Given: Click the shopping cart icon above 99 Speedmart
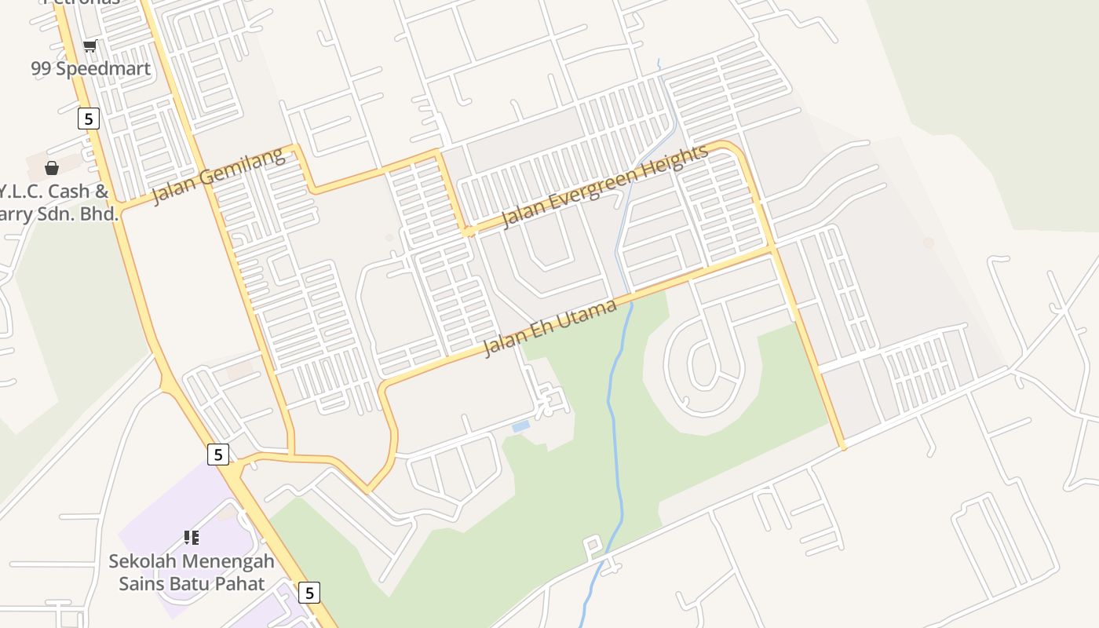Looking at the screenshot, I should [x=90, y=46].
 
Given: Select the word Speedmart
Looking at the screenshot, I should [x=103, y=69].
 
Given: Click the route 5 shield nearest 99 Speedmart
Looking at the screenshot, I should [x=89, y=119].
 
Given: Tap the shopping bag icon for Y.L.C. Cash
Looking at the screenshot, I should [x=52, y=168].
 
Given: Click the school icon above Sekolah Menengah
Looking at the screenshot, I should [x=192, y=538].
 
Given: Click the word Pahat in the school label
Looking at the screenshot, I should [x=240, y=583].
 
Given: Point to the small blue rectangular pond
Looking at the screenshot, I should [x=520, y=426].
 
